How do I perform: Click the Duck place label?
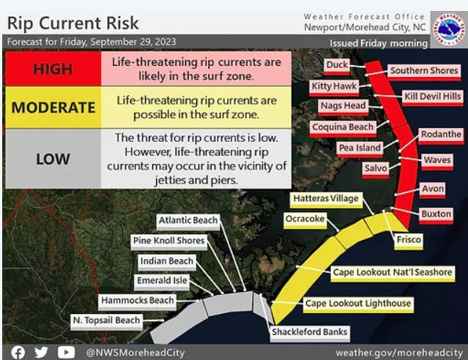click(x=337, y=66)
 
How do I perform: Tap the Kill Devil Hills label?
click(x=433, y=97)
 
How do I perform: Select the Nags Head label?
click(x=343, y=106)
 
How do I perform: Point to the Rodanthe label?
click(x=441, y=135)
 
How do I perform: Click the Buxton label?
click(x=436, y=214)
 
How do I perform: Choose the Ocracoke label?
click(x=305, y=220)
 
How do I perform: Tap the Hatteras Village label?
click(x=326, y=199)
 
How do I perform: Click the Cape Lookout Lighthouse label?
click(x=358, y=304)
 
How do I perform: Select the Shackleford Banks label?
click(x=310, y=332)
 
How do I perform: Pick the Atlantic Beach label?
click(x=188, y=221)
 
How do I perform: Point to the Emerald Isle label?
click(x=162, y=281)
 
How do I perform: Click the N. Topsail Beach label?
click(x=106, y=321)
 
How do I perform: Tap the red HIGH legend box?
click(x=53, y=69)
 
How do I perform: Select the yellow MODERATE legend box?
click(x=53, y=108)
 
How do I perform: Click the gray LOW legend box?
click(x=53, y=159)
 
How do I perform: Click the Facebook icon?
click(x=18, y=353)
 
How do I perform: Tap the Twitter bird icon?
click(x=41, y=352)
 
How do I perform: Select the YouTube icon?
click(x=66, y=353)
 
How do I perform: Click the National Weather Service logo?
click(x=449, y=29)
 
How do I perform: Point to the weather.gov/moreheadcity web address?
click(x=399, y=353)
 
